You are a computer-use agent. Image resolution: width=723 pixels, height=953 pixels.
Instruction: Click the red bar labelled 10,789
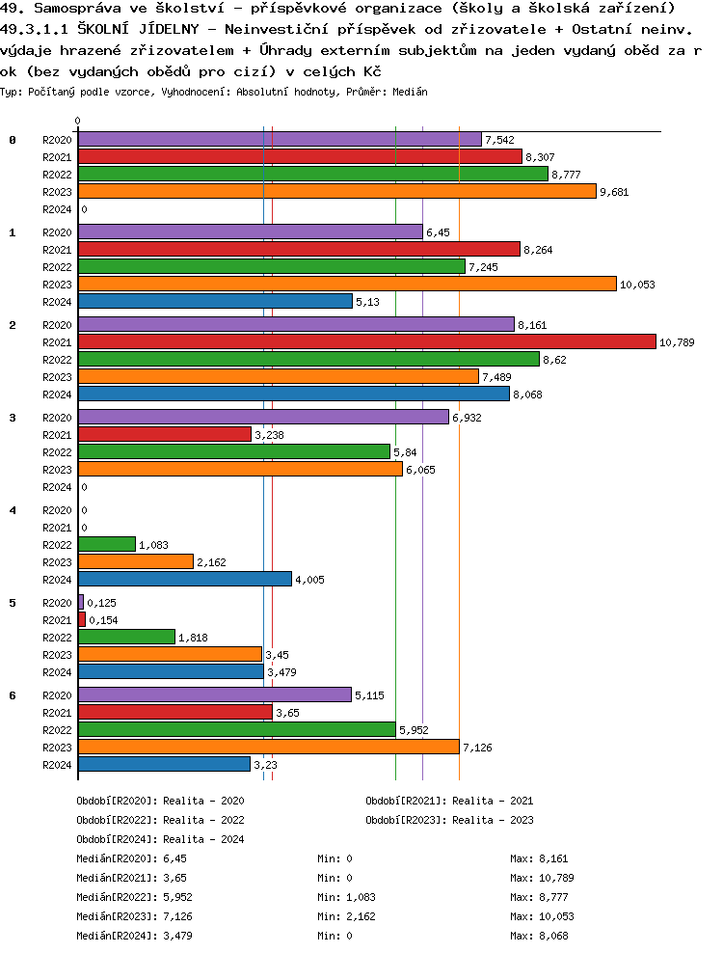point(366,341)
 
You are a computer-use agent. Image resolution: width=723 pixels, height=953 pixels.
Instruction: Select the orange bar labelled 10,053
point(347,284)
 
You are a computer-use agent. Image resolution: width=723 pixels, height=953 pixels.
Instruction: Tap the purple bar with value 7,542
point(280,140)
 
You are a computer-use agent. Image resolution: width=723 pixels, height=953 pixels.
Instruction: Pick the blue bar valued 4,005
point(184,579)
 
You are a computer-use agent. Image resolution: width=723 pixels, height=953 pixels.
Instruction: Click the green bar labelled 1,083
point(106,544)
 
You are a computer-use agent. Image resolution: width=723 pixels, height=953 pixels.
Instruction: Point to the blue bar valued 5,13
point(215,301)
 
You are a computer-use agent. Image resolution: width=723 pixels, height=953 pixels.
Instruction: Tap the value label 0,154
point(102,620)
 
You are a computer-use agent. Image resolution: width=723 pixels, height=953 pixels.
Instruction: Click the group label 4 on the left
point(13,509)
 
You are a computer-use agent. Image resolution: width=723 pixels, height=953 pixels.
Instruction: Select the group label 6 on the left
point(13,694)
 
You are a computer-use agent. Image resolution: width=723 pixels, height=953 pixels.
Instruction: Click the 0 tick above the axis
point(77,122)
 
